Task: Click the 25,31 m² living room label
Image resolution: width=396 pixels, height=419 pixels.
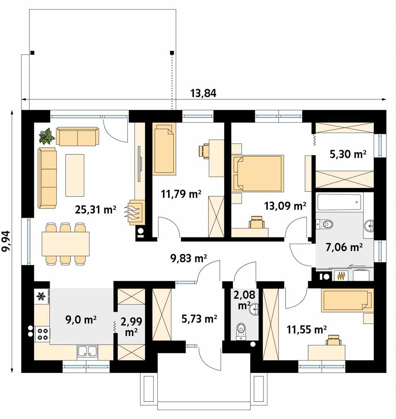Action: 96,210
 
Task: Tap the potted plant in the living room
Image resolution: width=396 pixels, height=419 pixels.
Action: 47,136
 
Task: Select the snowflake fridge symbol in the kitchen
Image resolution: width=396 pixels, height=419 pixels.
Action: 41,296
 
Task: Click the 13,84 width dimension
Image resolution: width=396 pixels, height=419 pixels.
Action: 203,93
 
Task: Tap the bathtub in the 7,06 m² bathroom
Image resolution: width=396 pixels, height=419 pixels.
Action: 339,202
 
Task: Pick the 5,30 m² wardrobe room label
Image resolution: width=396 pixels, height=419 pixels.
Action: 348,154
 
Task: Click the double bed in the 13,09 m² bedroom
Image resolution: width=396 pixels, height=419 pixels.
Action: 258,173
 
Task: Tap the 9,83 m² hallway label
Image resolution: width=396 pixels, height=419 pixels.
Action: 189,258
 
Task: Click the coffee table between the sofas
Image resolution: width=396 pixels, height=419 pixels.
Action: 75,175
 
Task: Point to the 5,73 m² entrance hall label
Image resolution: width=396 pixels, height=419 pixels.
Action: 199,319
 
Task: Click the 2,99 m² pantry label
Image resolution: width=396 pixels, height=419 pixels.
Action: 131,327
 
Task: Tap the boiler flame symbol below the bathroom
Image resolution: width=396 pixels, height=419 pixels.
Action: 341,275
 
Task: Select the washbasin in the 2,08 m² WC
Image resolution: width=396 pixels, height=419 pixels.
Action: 254,309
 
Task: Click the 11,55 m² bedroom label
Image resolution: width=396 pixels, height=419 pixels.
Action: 306,330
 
